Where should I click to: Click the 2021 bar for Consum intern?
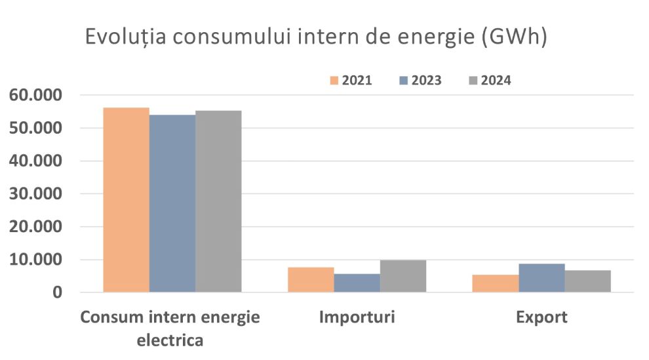pos(126,200)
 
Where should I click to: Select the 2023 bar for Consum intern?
pos(172,203)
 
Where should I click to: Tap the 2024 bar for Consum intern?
pos(218,201)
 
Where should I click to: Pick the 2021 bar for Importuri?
pos(311,279)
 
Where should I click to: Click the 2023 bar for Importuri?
pos(357,283)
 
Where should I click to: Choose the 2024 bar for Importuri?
pos(403,276)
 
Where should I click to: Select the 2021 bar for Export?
pos(496,283)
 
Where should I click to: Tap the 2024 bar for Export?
pos(588,281)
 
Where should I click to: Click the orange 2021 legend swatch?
pos(334,81)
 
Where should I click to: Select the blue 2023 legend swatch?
pos(403,81)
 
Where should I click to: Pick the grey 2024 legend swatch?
pos(473,81)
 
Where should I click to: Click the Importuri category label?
pos(357,318)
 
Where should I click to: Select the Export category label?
pos(541,318)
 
